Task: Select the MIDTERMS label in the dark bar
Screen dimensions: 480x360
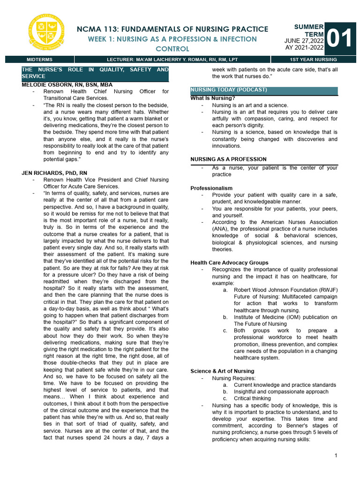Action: (40, 60)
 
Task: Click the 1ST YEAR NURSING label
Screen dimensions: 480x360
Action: (314, 60)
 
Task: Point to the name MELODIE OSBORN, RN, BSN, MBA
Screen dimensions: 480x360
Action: (67, 85)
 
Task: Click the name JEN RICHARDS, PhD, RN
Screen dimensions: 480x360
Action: (54, 173)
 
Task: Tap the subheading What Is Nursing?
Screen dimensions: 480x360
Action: (212, 98)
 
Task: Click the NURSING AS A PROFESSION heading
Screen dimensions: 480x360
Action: (228, 159)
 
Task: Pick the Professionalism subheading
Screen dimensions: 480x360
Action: (211, 188)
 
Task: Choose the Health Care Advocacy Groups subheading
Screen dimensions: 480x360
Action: (229, 262)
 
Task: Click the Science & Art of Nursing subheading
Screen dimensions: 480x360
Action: (222, 371)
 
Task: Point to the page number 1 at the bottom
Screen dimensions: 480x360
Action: (337, 456)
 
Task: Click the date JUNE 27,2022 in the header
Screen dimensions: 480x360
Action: (304, 41)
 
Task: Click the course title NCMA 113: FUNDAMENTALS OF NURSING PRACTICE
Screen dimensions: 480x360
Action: (172, 29)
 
